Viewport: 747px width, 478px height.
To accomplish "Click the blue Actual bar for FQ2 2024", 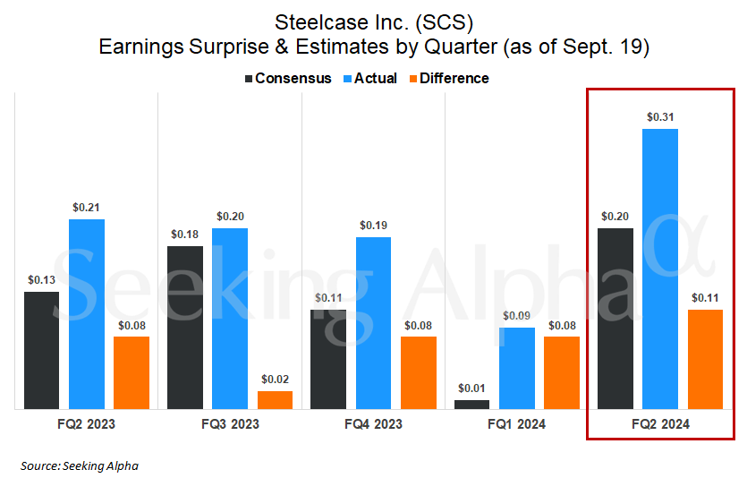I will [660, 269].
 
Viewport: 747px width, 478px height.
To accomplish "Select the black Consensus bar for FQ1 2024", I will [472, 405].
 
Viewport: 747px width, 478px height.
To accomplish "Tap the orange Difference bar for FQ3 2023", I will [275, 400].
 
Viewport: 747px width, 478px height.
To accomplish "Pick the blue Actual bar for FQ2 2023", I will [87, 313].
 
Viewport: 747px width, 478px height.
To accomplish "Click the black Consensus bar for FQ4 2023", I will [328, 359].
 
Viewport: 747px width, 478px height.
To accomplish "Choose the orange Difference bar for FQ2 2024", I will [705, 359].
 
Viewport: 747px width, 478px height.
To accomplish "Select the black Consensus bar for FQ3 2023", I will [185, 328].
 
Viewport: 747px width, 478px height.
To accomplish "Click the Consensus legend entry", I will [287, 79].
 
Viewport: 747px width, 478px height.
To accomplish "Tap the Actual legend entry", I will [369, 79].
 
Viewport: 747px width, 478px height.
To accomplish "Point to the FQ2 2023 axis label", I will [87, 423].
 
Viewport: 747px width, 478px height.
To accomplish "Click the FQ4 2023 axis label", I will [373, 423].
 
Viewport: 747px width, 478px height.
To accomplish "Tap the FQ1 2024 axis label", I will [516, 423].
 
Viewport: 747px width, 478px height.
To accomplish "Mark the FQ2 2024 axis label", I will [660, 423].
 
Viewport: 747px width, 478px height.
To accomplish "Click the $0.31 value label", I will [660, 116].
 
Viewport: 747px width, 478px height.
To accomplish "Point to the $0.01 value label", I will [472, 388].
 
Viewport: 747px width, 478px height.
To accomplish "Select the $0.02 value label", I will [275, 379].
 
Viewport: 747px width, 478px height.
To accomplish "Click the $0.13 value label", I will [42, 279].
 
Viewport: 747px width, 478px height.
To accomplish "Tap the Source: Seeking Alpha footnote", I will [80, 465].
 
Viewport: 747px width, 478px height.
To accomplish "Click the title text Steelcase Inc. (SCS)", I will [373, 19].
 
